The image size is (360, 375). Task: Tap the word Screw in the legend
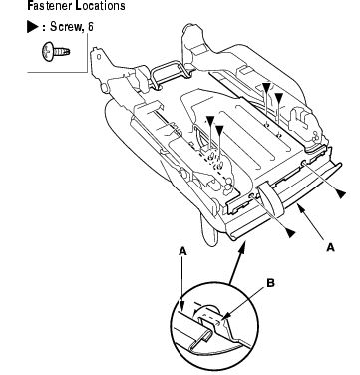coord(66,27)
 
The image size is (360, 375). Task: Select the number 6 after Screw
coord(90,27)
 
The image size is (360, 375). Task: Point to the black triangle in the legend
coord(33,27)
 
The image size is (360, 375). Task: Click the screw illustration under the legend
coord(56,51)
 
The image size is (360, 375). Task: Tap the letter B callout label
coord(271,283)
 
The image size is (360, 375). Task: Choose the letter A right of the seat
coord(330,247)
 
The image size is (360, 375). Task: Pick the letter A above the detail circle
coord(182,251)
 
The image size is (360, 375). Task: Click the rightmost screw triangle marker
coord(341,193)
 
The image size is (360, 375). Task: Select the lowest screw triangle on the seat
coord(290,233)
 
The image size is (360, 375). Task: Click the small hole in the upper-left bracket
coord(99,57)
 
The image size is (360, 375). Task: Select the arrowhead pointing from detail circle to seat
coord(243,247)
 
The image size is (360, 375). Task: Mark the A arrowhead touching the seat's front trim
coord(299,208)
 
